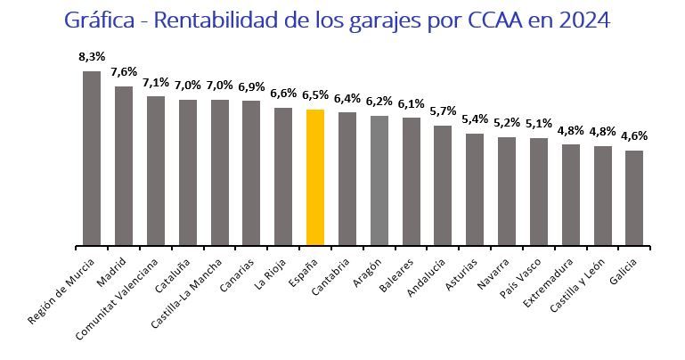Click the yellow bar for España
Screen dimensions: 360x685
click(x=314, y=177)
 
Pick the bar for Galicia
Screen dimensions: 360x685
click(x=634, y=198)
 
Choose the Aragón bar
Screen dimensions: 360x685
click(x=379, y=180)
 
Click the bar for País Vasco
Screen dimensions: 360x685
click(x=538, y=192)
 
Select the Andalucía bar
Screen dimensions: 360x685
click(x=443, y=185)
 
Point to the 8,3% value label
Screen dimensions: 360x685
click(x=91, y=56)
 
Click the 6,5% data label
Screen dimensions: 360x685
click(x=314, y=94)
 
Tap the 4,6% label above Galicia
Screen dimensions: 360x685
click(x=634, y=135)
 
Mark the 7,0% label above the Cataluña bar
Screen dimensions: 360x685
click(x=187, y=85)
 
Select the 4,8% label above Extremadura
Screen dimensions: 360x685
click(x=570, y=129)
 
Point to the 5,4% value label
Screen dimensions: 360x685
click(x=474, y=119)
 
